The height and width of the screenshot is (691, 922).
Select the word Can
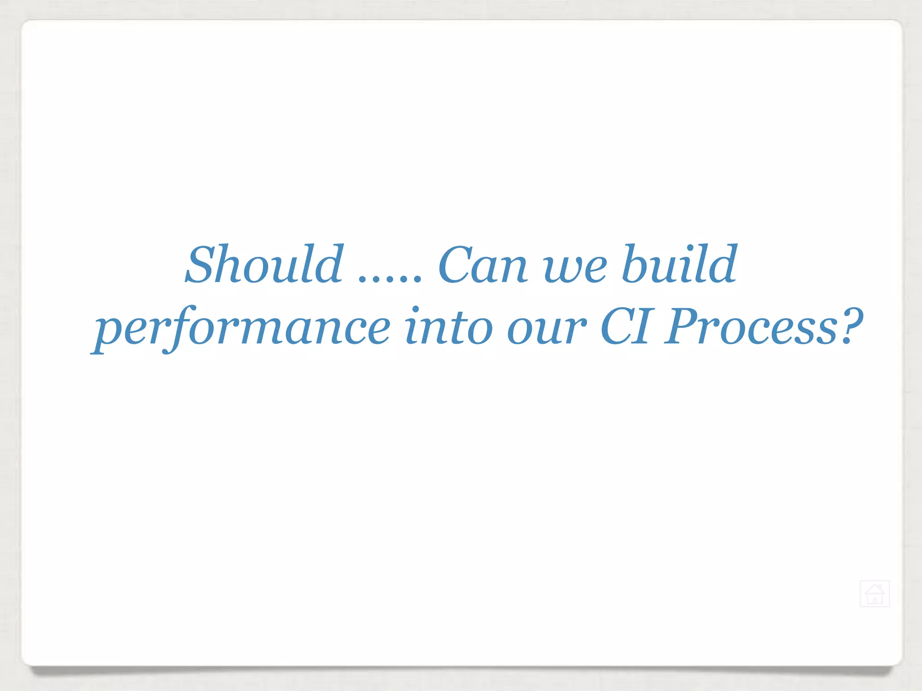tap(482, 265)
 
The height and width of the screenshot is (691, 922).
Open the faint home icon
tap(874, 594)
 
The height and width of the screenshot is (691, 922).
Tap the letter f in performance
tap(176, 328)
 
